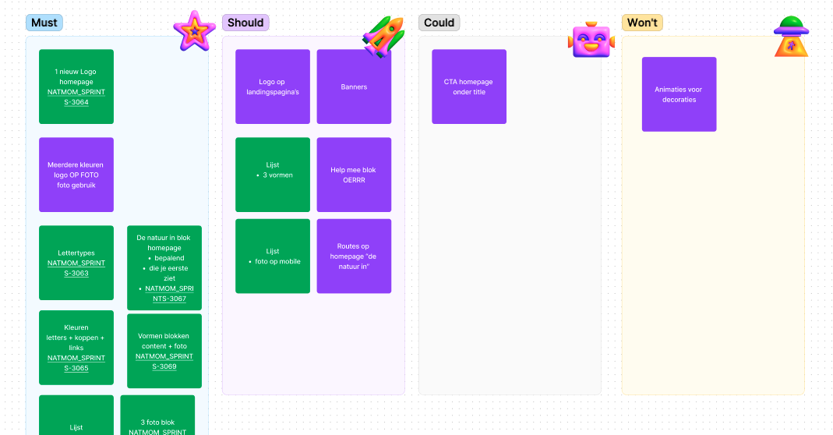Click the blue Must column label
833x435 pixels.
tap(44, 23)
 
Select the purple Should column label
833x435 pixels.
tap(245, 23)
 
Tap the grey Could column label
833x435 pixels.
tap(439, 23)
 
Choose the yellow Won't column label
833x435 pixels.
tap(642, 23)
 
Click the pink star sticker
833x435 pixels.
tap(195, 31)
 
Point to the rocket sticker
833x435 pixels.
tap(383, 36)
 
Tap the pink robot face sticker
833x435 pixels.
tap(591, 40)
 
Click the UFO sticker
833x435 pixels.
tap(791, 37)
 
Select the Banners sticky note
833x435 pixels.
tap(354, 87)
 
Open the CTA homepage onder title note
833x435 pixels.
tap(469, 87)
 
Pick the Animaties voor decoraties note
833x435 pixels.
tap(679, 94)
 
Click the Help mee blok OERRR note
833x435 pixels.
tap(354, 175)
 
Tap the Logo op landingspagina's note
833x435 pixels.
tap(273, 87)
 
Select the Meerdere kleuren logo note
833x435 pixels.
tap(76, 175)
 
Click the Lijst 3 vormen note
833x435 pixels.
tap(273, 175)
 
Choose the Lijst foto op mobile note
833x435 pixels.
tap(273, 256)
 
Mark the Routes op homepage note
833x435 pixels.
tap(354, 256)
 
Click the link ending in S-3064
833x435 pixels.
tap(76, 97)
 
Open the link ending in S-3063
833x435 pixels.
tap(76, 268)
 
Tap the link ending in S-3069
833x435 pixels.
tap(164, 361)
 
